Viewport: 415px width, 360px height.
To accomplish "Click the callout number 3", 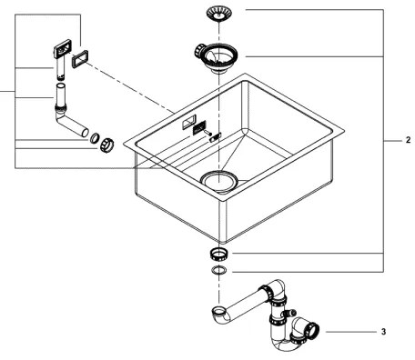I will (x=383, y=332).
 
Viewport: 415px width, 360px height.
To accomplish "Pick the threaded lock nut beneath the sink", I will (x=218, y=251).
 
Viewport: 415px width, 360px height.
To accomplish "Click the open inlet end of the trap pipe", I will (x=218, y=315).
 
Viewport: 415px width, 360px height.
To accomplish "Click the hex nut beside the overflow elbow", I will (x=106, y=144).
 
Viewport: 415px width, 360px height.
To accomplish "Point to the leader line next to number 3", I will (x=350, y=332).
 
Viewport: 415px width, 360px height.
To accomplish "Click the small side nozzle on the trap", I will (x=296, y=319).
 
